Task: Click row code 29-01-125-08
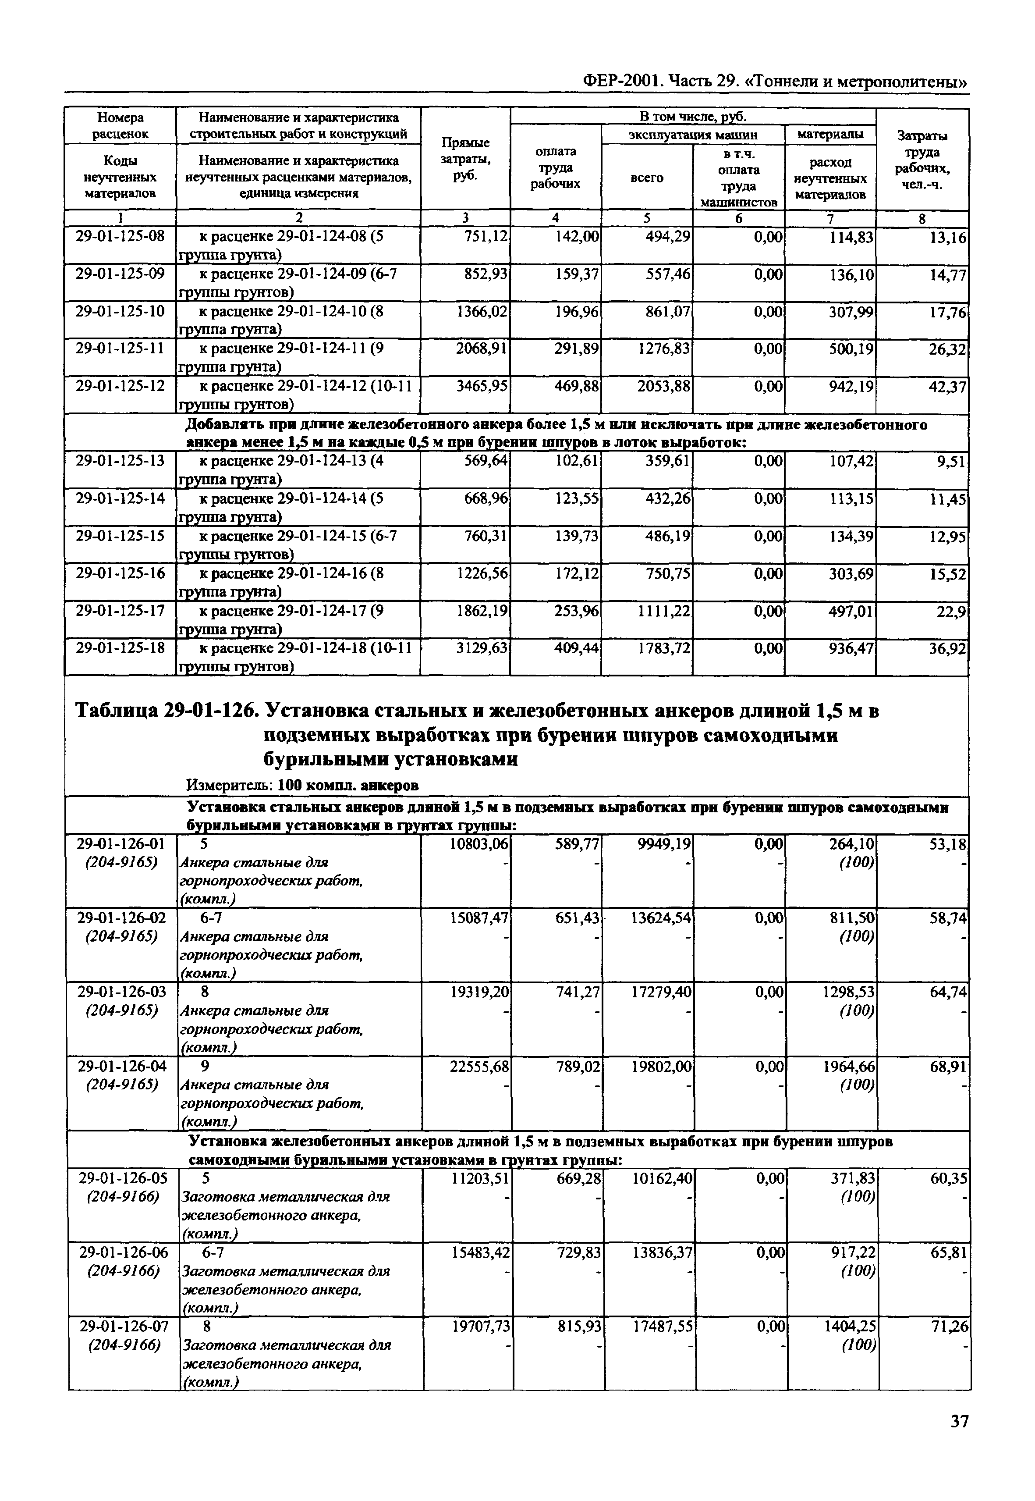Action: (120, 236)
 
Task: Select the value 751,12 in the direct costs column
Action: (486, 236)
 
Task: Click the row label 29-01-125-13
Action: (120, 461)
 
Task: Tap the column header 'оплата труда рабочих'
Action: (555, 167)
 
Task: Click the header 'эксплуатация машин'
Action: (693, 134)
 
